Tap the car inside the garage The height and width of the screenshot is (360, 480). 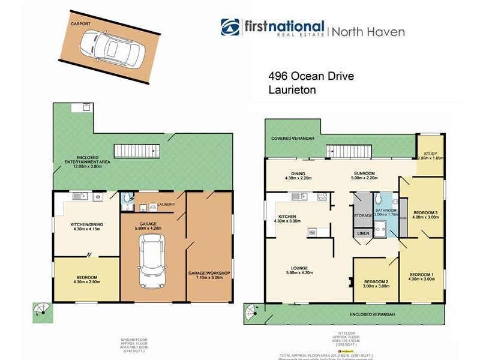point(150,260)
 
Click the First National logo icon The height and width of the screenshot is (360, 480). point(231,28)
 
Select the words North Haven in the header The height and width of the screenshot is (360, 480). point(369,32)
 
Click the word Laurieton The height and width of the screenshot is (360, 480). point(292,89)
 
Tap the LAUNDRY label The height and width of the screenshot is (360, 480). point(166,204)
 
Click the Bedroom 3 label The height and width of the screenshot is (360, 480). point(427,212)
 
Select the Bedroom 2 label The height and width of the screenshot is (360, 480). point(376,281)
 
